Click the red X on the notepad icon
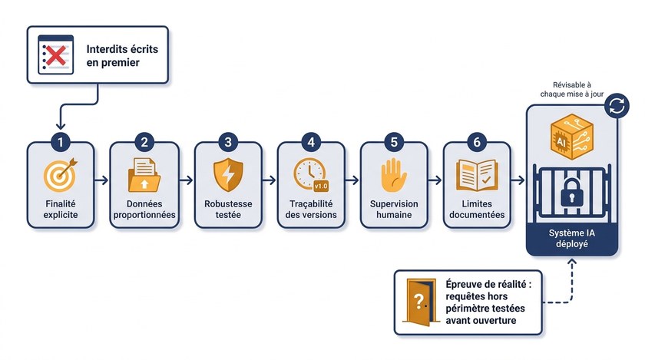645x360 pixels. [x=56, y=55]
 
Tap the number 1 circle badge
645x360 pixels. [x=61, y=142]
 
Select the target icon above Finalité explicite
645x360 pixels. [x=61, y=175]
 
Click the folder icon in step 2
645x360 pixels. [x=144, y=175]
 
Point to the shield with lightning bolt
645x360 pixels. [x=228, y=175]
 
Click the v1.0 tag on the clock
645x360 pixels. [x=321, y=186]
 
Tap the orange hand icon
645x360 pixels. [x=394, y=175]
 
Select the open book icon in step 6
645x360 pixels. [x=477, y=176]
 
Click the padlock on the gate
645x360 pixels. [x=572, y=192]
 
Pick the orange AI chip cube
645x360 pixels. [x=572, y=137]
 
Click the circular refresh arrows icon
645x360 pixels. [x=617, y=106]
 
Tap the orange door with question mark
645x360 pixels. [x=419, y=302]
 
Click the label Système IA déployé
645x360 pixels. [x=572, y=238]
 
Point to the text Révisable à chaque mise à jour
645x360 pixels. [x=572, y=89]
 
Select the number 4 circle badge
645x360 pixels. [x=311, y=142]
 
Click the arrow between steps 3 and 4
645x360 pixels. [x=269, y=180]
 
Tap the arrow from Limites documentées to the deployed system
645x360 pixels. [x=518, y=180]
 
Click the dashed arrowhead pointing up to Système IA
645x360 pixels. [x=572, y=262]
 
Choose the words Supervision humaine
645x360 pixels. [x=394, y=209]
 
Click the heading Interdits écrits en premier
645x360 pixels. [x=122, y=55]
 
